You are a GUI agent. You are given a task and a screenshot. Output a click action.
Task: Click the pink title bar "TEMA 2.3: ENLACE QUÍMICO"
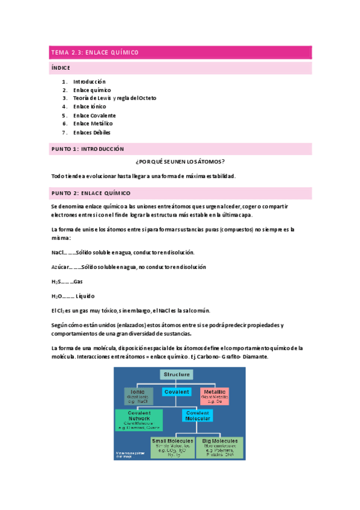pyautogui.click(x=180, y=53)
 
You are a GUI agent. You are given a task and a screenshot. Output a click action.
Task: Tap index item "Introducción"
pyautogui.click(x=90, y=81)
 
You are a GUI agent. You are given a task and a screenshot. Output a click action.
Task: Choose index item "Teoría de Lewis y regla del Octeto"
pyautogui.click(x=115, y=98)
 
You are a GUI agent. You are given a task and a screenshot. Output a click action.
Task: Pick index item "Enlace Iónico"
pyautogui.click(x=90, y=106)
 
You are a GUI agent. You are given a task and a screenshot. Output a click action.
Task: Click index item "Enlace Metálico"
pyautogui.click(x=93, y=123)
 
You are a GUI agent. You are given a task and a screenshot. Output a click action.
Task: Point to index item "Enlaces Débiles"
pyautogui.click(x=92, y=132)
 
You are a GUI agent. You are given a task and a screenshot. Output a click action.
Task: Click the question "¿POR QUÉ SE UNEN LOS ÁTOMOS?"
pyautogui.click(x=180, y=162)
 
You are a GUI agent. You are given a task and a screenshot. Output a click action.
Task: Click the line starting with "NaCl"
pyautogui.click(x=123, y=252)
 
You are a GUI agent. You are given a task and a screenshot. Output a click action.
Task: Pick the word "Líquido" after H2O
pyautogui.click(x=85, y=296)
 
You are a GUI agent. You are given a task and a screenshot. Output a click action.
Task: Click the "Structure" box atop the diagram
pyautogui.click(x=176, y=374)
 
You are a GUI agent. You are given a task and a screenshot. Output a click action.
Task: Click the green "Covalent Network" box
pyautogui.click(x=139, y=419)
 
